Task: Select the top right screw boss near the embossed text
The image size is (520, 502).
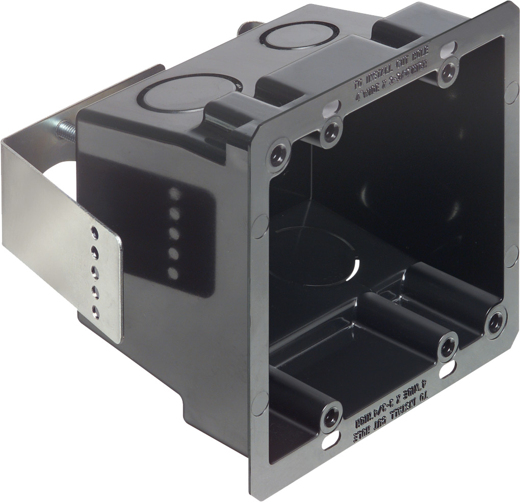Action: coord(448,72)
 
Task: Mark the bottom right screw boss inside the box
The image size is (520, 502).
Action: coord(494,321)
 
